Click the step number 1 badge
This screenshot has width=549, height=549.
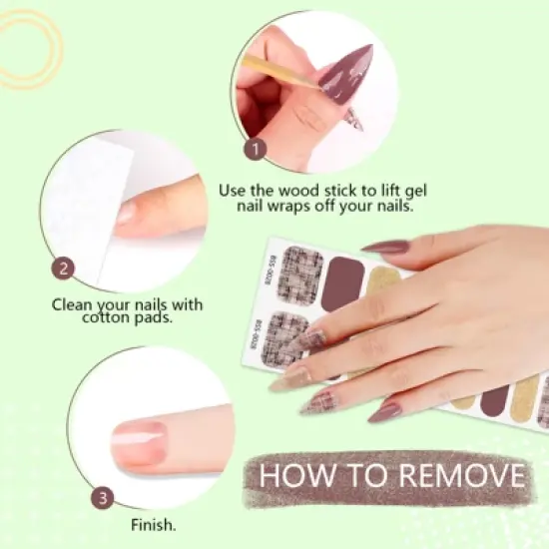tap(257, 149)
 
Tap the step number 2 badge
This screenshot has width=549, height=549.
tap(65, 268)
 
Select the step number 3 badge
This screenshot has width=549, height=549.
tap(103, 497)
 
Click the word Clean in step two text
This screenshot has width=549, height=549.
tap(76, 303)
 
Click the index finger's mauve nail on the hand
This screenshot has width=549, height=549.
tap(386, 246)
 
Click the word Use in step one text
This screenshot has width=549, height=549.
tap(232, 188)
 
